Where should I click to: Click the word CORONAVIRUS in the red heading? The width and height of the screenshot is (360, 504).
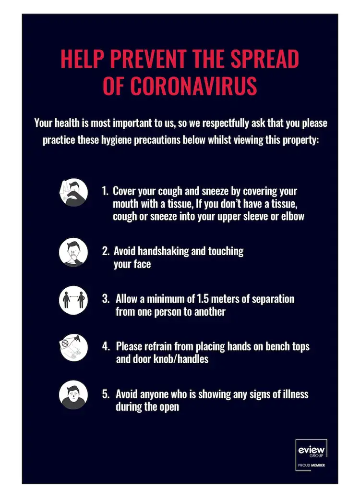[x=193, y=85]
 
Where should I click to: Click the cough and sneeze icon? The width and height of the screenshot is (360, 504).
[x=73, y=192]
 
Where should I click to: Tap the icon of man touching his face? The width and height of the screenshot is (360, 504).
[x=73, y=252]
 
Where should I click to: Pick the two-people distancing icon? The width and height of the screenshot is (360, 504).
[x=73, y=299]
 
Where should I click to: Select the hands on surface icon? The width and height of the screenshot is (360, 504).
[x=73, y=347]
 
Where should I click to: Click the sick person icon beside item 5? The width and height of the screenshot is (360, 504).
[x=73, y=395]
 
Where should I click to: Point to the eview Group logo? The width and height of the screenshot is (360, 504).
[x=311, y=452]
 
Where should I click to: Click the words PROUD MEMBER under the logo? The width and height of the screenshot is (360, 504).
[x=311, y=466]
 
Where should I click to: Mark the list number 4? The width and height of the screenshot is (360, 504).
[x=106, y=346]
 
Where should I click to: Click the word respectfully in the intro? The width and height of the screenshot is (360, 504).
[x=231, y=123]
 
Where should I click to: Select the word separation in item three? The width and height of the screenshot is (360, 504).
[x=270, y=299]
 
